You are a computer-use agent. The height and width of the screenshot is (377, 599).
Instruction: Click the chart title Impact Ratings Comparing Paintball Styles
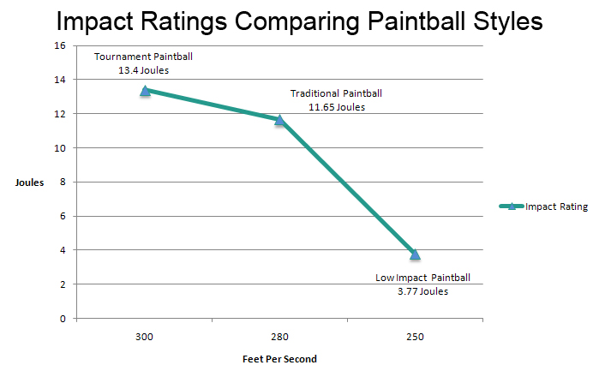pos(300,21)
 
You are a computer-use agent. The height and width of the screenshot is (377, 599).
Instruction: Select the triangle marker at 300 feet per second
pos(145,90)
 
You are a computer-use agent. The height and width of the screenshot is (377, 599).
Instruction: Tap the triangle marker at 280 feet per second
pos(279,120)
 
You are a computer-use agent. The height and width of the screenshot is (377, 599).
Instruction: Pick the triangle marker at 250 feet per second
pos(415,254)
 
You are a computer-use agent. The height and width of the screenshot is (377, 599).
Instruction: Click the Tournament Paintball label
pos(143,57)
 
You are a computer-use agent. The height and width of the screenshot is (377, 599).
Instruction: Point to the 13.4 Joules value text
pos(143,70)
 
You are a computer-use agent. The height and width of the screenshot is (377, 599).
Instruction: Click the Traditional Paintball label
pos(336,93)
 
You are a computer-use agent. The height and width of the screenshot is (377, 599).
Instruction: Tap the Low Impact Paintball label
pos(422,278)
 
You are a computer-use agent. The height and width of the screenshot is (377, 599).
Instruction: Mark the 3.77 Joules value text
pos(422,291)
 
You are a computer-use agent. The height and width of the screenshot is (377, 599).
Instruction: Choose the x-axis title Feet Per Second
pos(279,359)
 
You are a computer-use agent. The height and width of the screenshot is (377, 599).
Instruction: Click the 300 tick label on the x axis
pos(144,336)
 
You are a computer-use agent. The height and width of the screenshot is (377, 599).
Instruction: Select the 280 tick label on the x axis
pos(279,336)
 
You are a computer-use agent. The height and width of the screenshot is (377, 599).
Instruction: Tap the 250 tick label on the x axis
pos(415,336)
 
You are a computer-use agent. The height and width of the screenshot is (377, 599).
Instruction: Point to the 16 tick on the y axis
pos(61,45)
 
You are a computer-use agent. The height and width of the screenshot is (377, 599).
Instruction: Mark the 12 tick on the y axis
pos(61,114)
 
